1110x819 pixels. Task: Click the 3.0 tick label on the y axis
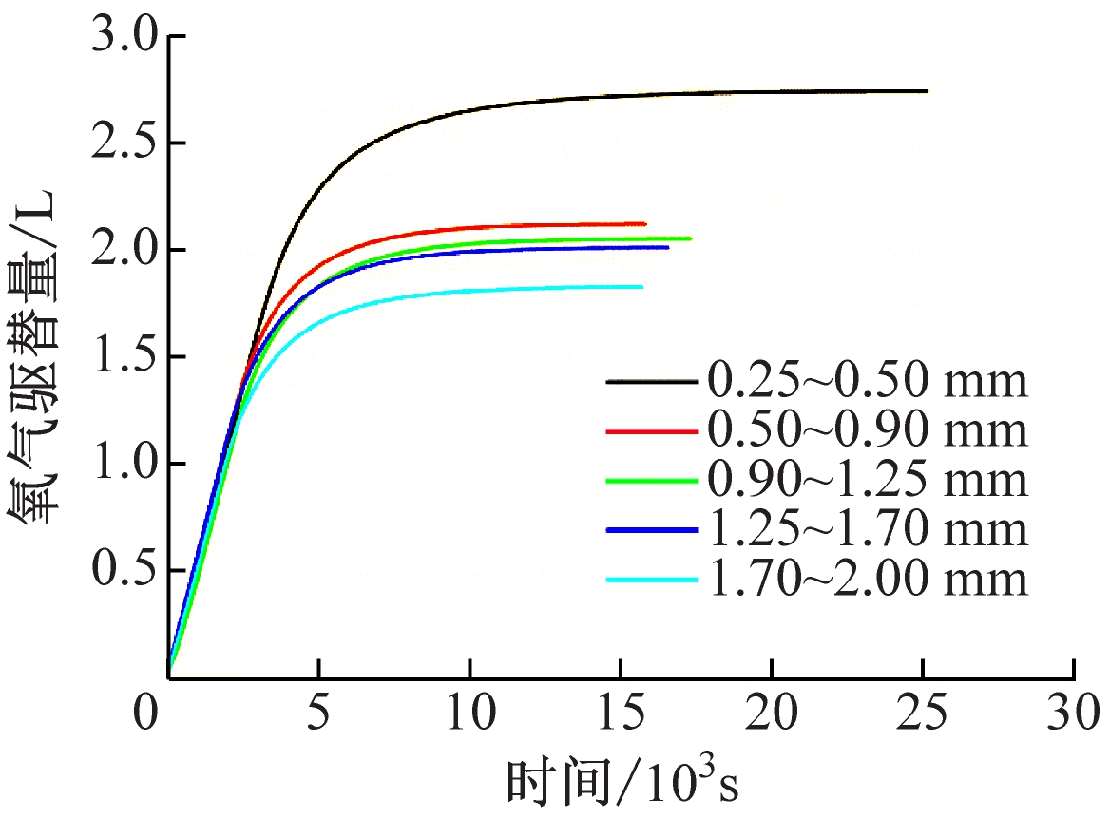pyautogui.click(x=122, y=39)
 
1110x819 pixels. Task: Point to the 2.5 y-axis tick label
pyautogui.click(x=122, y=145)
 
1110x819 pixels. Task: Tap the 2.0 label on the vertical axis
pyautogui.click(x=122, y=252)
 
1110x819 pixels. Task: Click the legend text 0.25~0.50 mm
pyautogui.click(x=867, y=382)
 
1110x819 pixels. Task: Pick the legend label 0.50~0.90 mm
pyautogui.click(x=867, y=431)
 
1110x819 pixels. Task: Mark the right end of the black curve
pyautogui.click(x=927, y=91)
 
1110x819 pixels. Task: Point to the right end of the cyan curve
pyautogui.click(x=642, y=286)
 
